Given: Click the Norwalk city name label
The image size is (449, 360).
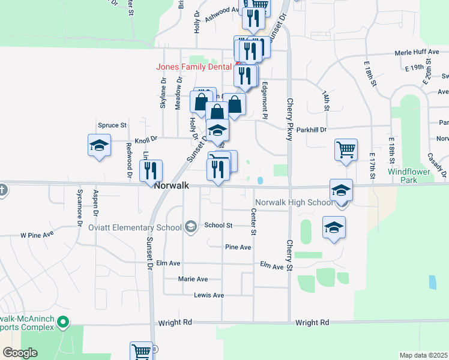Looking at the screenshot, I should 172,186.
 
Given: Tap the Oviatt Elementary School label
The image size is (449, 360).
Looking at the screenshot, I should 134,227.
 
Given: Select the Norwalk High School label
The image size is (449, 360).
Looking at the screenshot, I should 294,202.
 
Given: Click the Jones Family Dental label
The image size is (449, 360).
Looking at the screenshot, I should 194,67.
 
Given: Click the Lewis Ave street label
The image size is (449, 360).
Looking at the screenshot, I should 208,295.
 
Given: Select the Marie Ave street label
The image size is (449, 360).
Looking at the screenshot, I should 193,279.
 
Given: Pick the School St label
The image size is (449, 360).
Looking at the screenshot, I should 218,226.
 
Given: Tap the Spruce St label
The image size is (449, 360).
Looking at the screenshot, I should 112,125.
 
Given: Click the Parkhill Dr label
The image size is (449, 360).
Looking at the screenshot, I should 311,130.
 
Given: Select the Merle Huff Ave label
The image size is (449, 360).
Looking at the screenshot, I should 417,52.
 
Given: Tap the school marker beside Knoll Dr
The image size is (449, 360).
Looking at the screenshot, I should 99,145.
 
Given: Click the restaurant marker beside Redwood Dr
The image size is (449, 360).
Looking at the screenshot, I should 151,170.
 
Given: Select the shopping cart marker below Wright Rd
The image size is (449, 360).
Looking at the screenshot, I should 142,352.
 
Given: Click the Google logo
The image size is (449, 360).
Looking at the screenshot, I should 20,353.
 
